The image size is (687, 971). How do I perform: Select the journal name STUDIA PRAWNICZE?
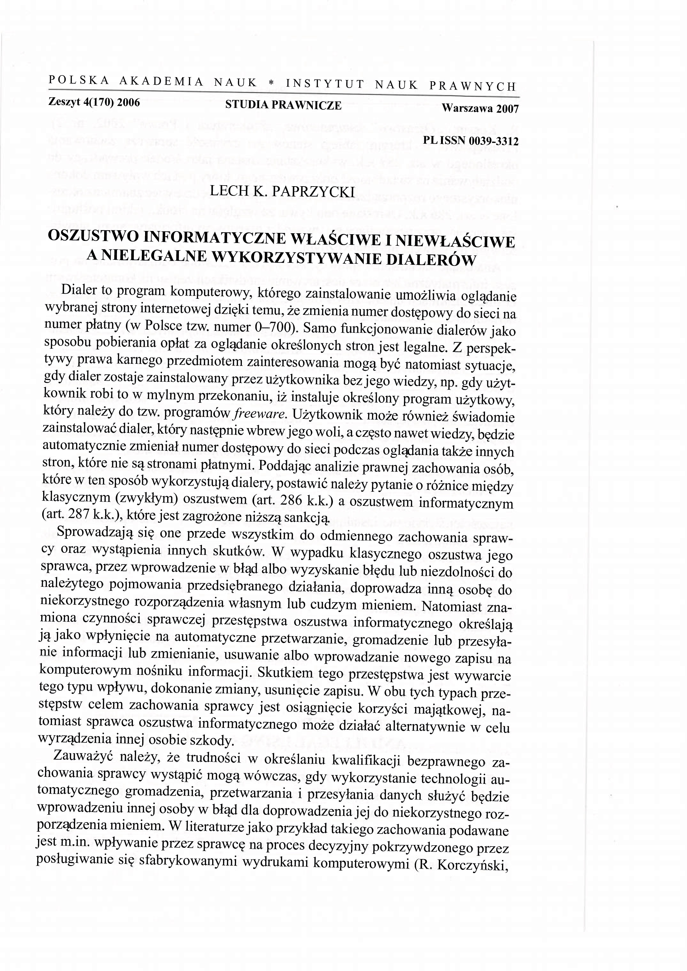tap(283, 106)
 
